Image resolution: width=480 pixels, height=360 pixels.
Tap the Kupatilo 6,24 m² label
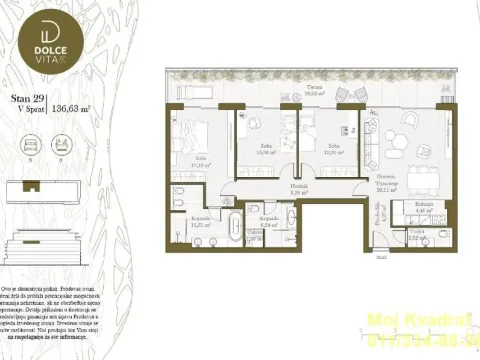point(268,223)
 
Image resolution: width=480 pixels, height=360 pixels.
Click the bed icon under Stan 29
point(24,143)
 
